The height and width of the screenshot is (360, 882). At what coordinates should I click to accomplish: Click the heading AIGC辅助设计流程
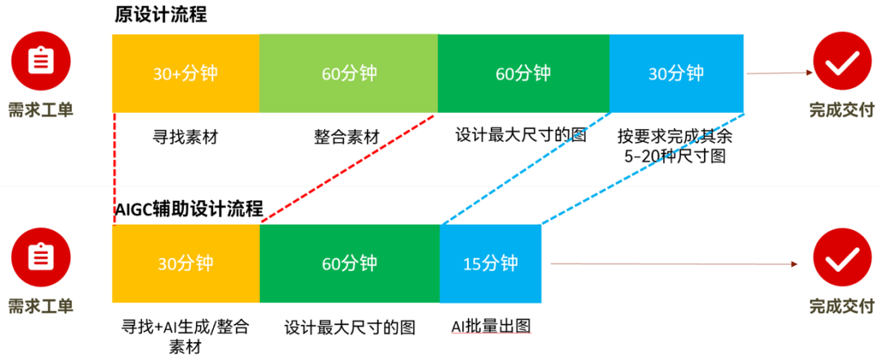(x=189, y=209)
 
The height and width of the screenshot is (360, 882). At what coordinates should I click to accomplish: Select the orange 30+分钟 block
(x=185, y=73)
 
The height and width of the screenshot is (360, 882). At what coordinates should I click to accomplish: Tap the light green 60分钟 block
(x=349, y=73)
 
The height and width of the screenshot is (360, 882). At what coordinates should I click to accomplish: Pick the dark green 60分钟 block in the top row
(x=523, y=73)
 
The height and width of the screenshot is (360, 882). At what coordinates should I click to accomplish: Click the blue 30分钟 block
(x=676, y=73)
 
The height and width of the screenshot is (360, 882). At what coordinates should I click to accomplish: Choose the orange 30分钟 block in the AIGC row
(x=186, y=264)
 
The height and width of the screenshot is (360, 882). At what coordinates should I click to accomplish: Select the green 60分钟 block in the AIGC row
(x=350, y=264)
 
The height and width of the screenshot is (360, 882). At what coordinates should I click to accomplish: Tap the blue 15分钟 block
(x=491, y=264)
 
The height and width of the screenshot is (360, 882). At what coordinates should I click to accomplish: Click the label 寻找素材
(x=185, y=136)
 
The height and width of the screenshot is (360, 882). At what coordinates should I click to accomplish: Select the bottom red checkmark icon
(x=843, y=260)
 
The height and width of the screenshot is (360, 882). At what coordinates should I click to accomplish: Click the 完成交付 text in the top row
(x=842, y=109)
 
